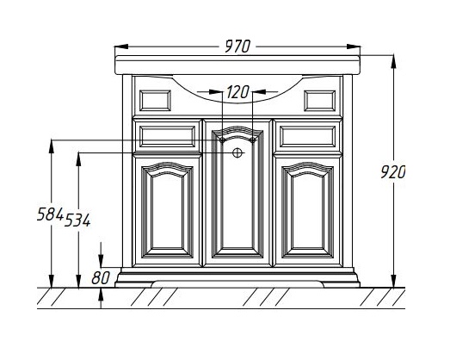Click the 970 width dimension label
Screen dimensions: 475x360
(237, 47)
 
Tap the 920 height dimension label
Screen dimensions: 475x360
(392, 172)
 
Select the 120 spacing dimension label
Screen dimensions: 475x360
(237, 92)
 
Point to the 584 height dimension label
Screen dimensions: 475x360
(50, 214)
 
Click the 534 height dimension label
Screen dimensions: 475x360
(77, 220)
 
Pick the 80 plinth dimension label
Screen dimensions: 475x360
(101, 277)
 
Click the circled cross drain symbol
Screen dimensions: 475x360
(237, 152)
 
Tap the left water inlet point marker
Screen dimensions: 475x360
(222, 140)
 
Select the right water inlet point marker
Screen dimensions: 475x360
(253, 140)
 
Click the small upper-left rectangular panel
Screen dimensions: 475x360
(155, 101)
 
